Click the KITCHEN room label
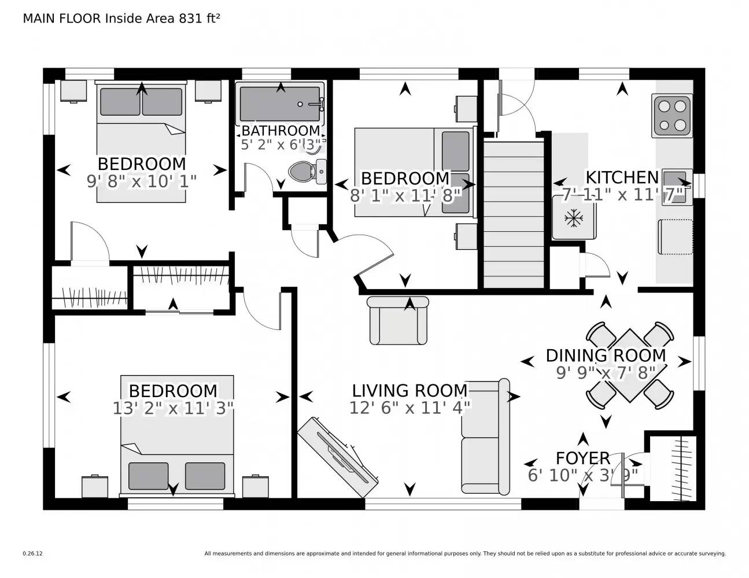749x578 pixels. pos(622,177)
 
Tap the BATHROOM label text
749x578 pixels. pos(281,131)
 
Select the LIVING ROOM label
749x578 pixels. pos(409,391)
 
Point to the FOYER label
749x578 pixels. pos(582,458)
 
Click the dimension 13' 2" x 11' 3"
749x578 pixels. pos(173,409)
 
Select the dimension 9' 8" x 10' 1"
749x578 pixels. pos(142,181)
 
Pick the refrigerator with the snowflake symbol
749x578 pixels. pos(574,218)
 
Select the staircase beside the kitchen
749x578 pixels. pos(514,214)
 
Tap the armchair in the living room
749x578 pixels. pos(398,321)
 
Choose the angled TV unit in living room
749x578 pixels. pos(338,457)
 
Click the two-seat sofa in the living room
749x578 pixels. pos(486,437)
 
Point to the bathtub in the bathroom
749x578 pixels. pos(281,104)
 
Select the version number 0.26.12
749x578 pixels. pos(32,553)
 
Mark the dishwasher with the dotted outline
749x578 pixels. pos(675,237)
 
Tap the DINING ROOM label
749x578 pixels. pos(606,355)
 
